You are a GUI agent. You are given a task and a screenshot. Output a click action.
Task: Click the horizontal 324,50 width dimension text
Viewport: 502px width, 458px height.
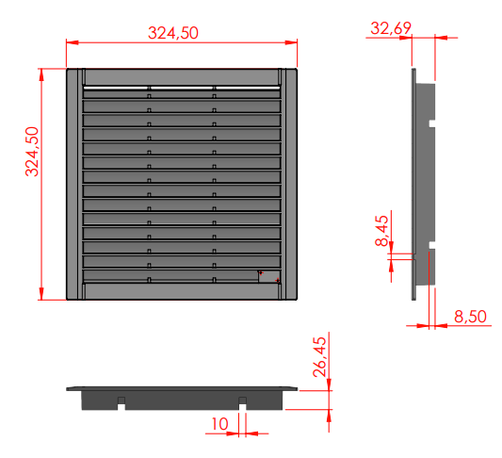173,33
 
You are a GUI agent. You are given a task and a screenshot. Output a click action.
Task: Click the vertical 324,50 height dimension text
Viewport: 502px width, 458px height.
32,152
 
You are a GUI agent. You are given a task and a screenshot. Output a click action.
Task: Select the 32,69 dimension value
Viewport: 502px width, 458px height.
391,28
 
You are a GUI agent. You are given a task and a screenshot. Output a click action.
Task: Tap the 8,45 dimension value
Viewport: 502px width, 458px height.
381,231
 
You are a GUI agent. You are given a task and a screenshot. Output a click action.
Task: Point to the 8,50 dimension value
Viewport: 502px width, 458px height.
470,317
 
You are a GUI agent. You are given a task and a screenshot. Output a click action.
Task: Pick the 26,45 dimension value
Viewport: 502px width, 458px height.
319,357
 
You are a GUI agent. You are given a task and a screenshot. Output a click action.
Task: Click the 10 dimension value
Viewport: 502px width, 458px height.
220,424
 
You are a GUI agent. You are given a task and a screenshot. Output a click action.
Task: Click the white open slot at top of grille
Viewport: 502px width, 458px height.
182,88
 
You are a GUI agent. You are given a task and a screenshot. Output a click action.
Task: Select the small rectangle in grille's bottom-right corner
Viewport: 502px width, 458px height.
269,277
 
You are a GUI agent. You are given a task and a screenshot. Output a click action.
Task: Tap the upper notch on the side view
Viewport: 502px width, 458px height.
432,123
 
